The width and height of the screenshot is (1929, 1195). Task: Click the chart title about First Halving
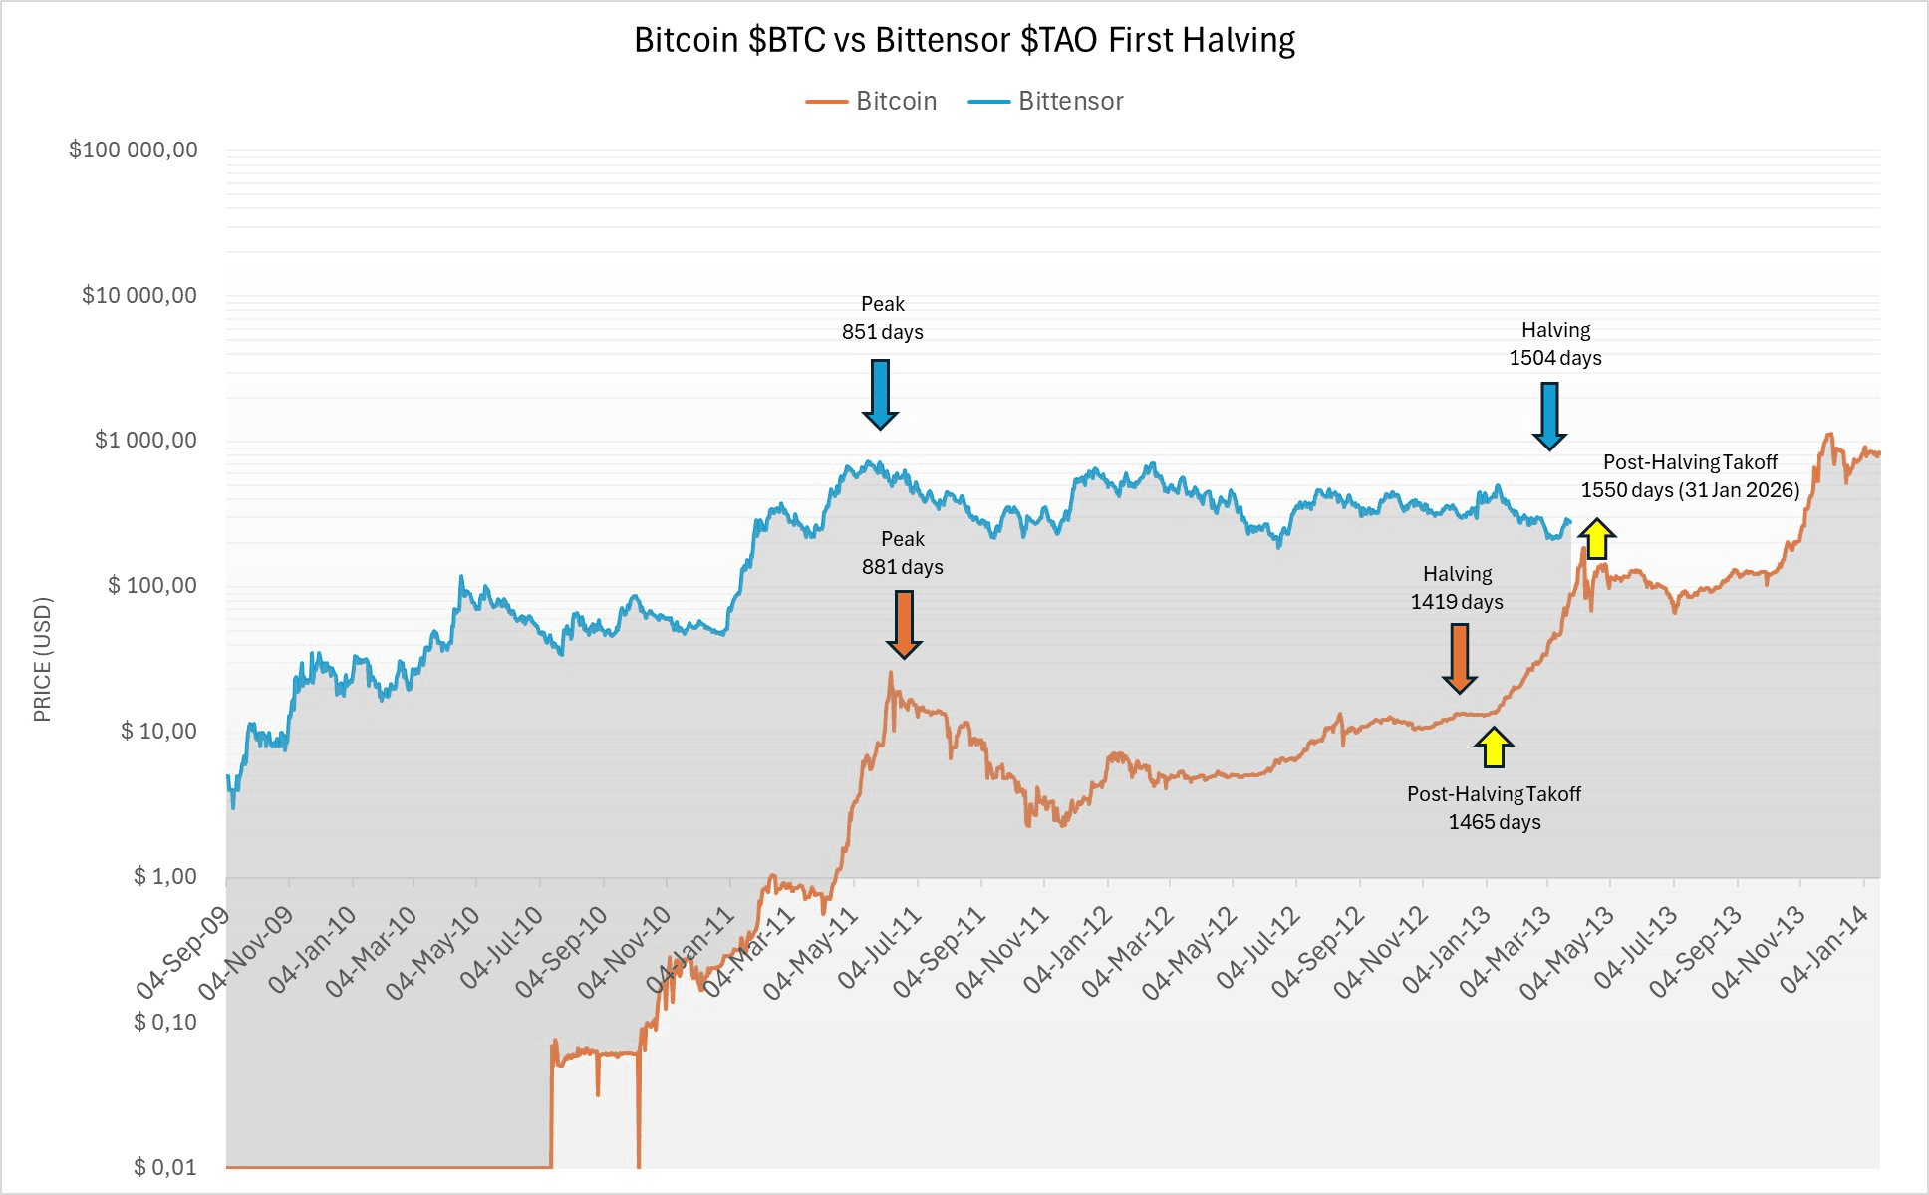coord(964,40)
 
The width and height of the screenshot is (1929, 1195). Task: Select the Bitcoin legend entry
coord(872,101)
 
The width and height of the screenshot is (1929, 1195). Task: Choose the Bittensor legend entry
coord(1046,101)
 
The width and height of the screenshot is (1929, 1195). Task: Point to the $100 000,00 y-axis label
coord(133,149)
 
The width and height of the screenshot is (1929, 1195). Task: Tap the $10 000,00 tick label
coord(138,295)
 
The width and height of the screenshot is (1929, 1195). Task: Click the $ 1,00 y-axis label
coord(164,876)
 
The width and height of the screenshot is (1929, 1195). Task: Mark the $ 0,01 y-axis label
coord(164,1167)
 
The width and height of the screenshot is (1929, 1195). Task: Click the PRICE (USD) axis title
coord(42,659)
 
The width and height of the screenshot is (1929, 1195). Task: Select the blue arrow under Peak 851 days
coord(880,394)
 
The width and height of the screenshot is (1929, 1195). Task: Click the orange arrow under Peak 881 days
coord(904,624)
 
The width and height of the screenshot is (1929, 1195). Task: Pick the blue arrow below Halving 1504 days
coord(1549,416)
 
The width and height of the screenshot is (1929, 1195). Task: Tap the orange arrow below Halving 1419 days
coord(1460,658)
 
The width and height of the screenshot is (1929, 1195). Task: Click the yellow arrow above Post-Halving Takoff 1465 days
coord(1493,747)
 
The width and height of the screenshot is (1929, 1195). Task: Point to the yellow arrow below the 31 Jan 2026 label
coord(1596,539)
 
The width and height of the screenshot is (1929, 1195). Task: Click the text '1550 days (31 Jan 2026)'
coord(1690,490)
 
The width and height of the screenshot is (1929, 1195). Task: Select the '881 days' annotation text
coord(902,567)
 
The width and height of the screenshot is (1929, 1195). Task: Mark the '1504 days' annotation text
coord(1554,358)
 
